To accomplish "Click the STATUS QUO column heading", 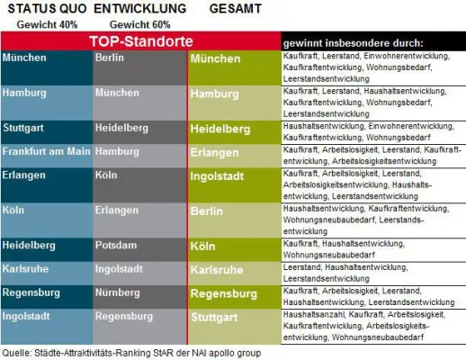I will (46, 8).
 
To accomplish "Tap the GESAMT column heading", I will (237, 8).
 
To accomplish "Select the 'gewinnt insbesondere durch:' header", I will (354, 43).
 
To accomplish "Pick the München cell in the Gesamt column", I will (217, 59).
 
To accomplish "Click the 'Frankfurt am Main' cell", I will (42, 151).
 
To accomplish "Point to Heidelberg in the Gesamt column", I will (222, 129).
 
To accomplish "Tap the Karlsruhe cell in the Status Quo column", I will (25, 268).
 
